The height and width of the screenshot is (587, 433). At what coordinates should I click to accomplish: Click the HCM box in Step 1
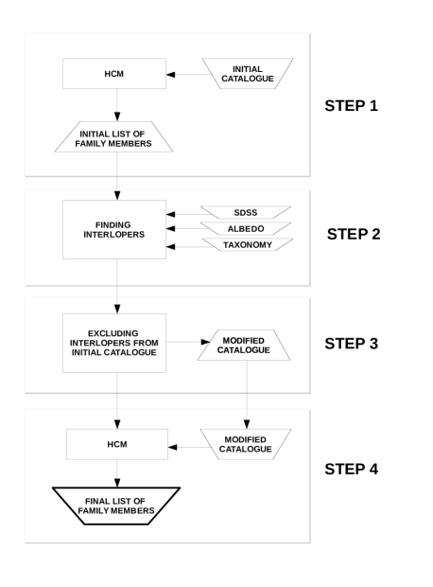114,74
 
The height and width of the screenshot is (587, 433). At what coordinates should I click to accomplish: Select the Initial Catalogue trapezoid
248,74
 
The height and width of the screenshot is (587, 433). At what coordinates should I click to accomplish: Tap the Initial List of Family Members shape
113,136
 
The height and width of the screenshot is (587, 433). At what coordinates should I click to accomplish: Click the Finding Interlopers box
114,229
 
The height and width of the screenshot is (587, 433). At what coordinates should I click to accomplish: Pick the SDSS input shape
246,212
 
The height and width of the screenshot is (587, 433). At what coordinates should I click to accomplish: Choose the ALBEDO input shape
246,228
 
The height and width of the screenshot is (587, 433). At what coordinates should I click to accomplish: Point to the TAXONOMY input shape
248,244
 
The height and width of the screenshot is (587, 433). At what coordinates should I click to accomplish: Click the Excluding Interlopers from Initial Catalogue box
114,343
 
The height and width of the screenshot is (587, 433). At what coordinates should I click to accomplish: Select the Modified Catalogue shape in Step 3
244,345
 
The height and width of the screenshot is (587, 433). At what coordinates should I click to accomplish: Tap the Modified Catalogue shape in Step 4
246,444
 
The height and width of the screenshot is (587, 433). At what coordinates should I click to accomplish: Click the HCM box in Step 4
117,444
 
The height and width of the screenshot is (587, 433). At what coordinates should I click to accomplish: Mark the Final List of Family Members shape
116,506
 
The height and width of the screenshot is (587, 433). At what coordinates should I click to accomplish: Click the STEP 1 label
351,106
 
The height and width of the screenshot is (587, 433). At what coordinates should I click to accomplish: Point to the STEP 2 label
354,234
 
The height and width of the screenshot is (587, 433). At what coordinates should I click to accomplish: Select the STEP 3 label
351,344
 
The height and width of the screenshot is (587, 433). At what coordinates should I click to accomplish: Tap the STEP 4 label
351,469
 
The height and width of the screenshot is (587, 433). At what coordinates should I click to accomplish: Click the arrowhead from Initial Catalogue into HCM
170,75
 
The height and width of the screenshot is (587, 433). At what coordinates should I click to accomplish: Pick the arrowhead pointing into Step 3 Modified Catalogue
206,342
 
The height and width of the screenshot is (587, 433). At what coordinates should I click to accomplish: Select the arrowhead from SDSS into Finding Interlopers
170,215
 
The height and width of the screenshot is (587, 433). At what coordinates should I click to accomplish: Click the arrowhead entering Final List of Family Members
117,483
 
